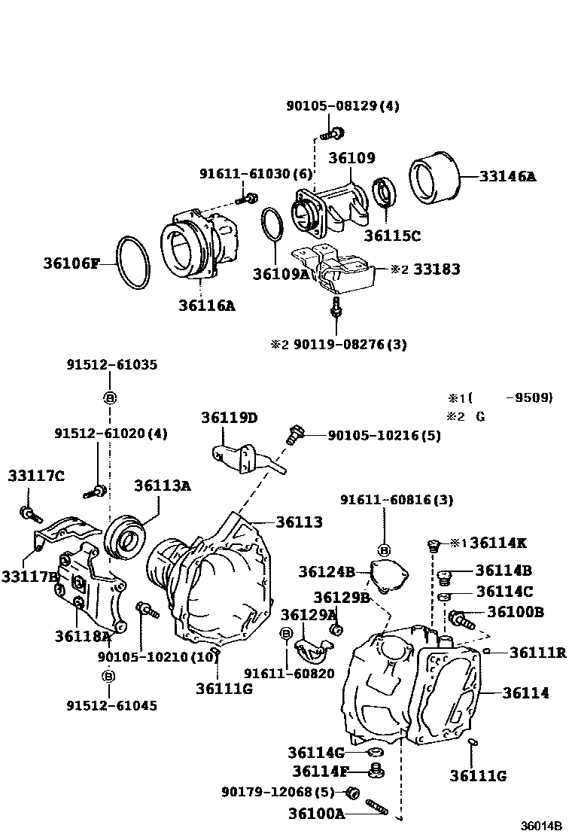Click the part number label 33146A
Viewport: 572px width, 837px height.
pos(508,178)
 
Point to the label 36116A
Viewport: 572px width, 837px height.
pos(206,305)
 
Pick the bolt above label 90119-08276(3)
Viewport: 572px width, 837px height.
pos(336,307)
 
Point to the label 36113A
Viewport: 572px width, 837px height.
pos(163,486)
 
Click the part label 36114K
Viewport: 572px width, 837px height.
pos(499,543)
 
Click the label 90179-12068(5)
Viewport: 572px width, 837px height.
pos(277,792)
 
